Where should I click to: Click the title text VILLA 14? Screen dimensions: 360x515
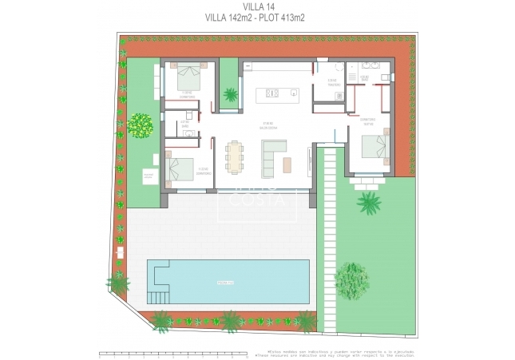click(257, 6)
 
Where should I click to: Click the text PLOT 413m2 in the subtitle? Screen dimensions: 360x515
click(280, 17)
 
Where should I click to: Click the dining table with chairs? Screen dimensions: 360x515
click(235, 156)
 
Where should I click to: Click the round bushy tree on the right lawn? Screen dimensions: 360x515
click(351, 279)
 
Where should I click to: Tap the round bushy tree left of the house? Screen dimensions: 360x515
click(141, 125)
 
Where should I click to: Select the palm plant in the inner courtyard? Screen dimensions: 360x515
click(230, 95)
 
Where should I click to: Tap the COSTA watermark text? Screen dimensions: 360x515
click(256, 200)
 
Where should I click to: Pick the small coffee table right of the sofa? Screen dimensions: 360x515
click(287, 163)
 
